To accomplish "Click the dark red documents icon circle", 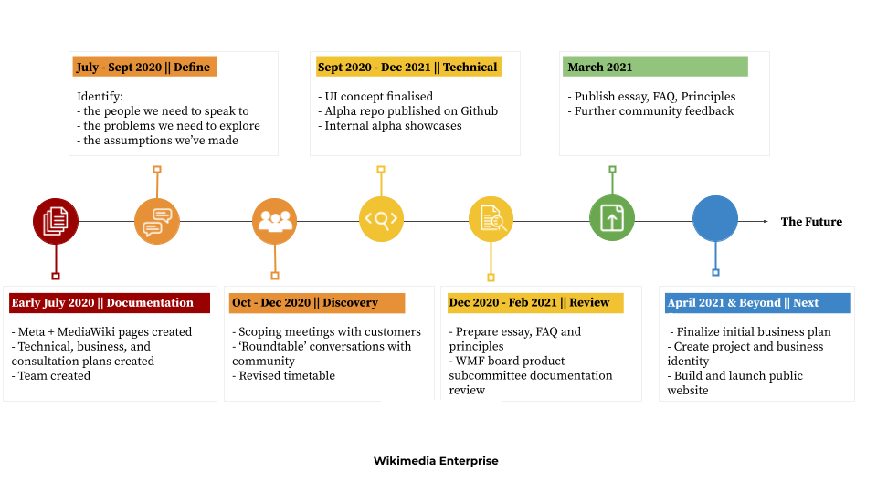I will (x=56, y=221).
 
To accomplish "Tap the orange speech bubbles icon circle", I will (x=157, y=221).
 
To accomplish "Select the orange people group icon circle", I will (x=275, y=221).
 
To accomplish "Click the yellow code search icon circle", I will (x=381, y=219).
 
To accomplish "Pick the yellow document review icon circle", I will (x=491, y=219).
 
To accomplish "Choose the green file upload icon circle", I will (x=612, y=218).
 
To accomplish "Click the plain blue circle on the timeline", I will (x=715, y=219).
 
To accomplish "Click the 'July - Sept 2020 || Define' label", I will (x=144, y=67).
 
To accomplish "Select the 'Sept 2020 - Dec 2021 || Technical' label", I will (x=407, y=67).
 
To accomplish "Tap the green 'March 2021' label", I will (x=655, y=67).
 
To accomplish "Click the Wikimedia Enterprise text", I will (x=440, y=461).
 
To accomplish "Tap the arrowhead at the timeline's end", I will (x=766, y=221).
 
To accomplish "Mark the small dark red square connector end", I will (x=56, y=276).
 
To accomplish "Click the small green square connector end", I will (x=612, y=169).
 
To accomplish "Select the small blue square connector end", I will (x=715, y=272).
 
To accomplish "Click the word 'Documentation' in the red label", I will (x=150, y=303).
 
